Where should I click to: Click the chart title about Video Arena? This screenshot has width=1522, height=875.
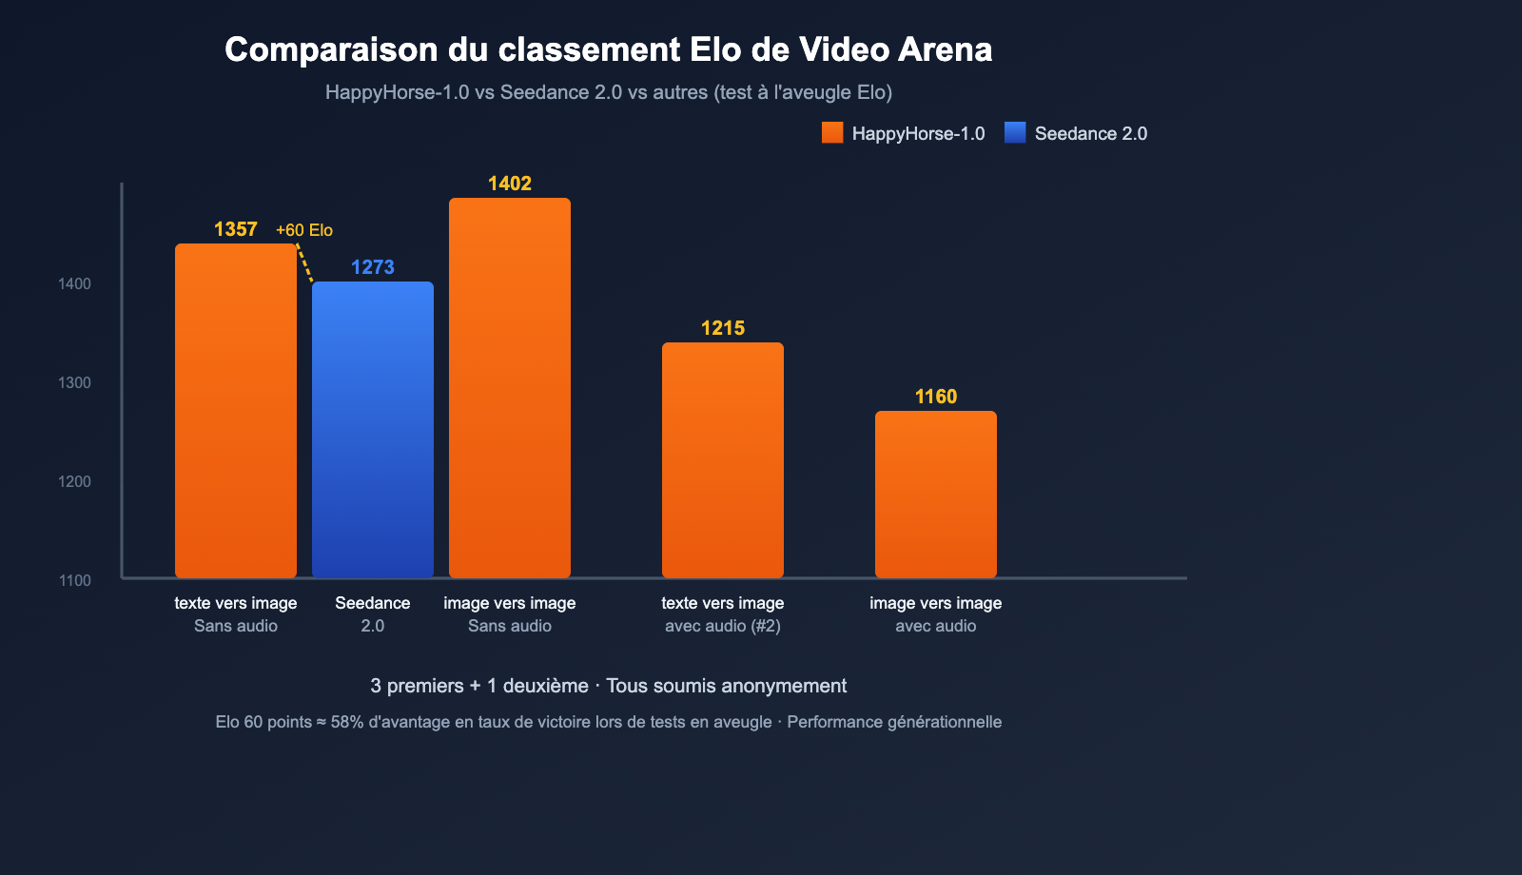coord(608,49)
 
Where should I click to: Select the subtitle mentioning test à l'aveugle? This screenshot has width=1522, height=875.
coord(608,92)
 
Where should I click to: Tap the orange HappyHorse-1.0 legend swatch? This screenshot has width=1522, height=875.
coord(832,133)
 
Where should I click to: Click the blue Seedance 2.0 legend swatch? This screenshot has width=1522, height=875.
coord(1015,133)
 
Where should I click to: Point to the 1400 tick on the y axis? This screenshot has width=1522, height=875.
coord(75,283)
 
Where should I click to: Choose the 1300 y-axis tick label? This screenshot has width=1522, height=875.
coord(75,382)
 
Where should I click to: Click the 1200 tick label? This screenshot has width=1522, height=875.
coord(75,481)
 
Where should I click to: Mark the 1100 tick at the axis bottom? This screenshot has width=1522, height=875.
coord(75,580)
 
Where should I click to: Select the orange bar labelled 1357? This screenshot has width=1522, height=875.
coord(236,409)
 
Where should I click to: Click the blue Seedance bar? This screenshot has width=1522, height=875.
coord(373,428)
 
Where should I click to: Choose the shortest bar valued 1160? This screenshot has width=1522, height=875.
coord(936,494)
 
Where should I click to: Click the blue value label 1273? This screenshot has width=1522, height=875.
coord(373,267)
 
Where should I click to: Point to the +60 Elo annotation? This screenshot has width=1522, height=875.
coord(304,230)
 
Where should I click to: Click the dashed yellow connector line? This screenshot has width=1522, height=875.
coord(305,263)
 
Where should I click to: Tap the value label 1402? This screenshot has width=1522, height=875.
coord(510,184)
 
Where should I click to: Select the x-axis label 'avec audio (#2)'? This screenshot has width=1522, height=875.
coord(723,626)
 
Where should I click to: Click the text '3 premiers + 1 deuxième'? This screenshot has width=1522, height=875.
coord(479,686)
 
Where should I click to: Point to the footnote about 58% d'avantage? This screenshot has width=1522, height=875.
coord(608,722)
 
